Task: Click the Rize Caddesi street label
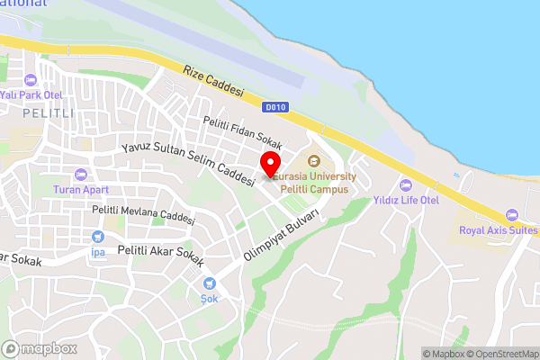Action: (213, 81)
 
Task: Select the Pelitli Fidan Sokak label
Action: (242, 133)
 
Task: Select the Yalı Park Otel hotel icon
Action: (29, 78)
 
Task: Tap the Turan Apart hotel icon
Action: (81, 175)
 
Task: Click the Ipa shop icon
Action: (98, 237)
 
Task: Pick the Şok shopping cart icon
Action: (209, 283)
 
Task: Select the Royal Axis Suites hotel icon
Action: (512, 214)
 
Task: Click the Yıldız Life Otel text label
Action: (406, 199)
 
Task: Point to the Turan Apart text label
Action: (81, 190)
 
